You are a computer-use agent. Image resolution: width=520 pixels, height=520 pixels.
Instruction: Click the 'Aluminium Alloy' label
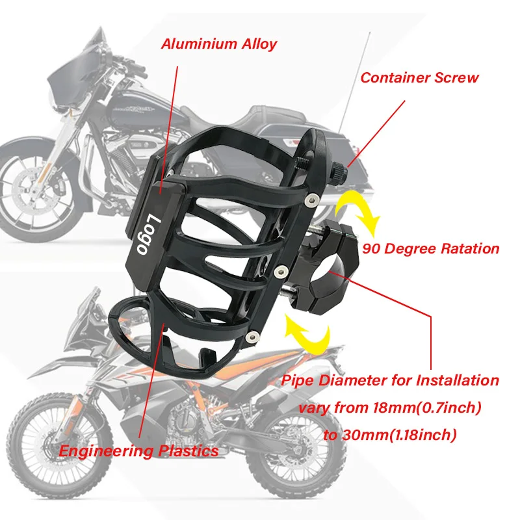[x=219, y=44]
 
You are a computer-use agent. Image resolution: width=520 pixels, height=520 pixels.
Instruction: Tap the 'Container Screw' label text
[x=419, y=78]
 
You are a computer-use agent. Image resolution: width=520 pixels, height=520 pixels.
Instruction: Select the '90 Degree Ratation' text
[x=431, y=248]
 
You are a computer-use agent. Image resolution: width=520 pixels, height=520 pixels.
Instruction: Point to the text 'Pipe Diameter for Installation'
[x=390, y=380]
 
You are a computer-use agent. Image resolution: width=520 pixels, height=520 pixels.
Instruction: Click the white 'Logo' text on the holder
[x=148, y=234]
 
